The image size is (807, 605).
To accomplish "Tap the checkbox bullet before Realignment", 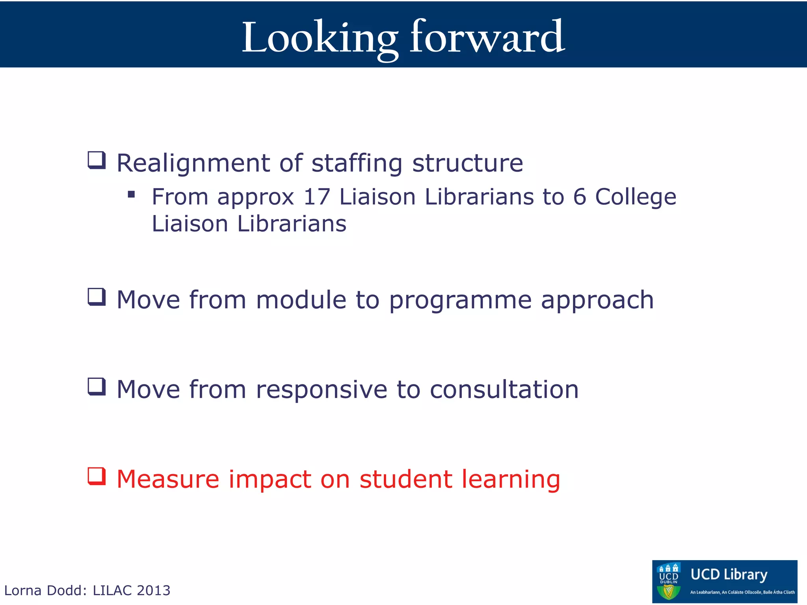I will [97, 160].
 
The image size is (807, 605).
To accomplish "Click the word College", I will [635, 197].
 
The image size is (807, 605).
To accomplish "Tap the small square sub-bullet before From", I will [132, 194].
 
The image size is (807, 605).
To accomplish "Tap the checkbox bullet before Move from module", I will [97, 297].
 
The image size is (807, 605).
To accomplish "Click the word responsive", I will [322, 390].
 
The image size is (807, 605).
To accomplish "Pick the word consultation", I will [504, 390].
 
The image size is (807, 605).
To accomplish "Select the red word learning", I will [511, 480].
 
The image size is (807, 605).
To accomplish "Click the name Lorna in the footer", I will [22, 590].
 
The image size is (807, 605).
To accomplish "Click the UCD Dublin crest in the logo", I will [669, 581].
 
